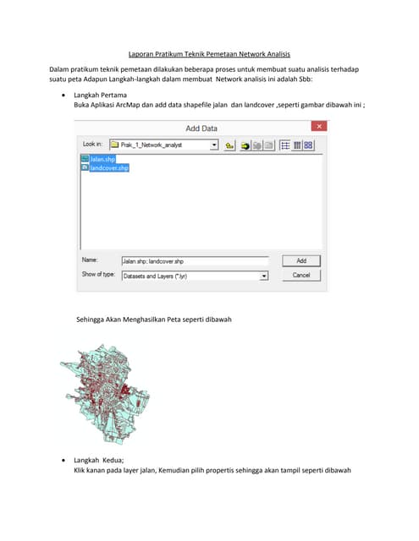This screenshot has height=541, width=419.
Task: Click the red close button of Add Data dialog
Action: tap(319, 127)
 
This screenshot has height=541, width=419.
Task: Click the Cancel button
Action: tap(301, 275)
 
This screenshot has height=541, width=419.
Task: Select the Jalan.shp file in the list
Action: tap(102, 159)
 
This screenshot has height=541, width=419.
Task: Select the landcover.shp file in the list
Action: tap(108, 168)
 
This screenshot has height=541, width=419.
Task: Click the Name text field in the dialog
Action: tap(194, 261)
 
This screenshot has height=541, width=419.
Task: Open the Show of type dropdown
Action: tap(264, 276)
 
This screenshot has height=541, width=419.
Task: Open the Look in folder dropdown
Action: tap(215, 145)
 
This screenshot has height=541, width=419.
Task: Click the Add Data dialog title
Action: tap(201, 128)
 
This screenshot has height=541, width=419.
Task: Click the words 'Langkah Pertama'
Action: tap(99, 96)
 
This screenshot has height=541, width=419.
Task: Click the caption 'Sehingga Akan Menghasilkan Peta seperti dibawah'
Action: tap(153, 320)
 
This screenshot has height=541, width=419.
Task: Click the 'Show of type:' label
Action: tap(99, 275)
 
